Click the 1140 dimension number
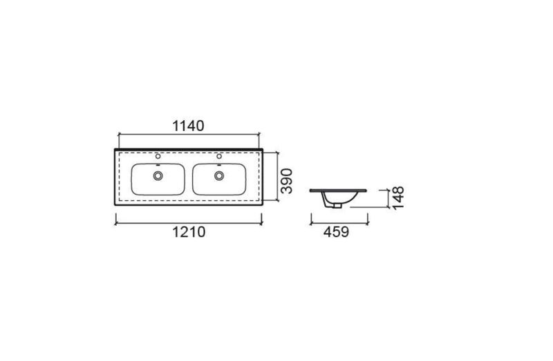(x=188, y=126)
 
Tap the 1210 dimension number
(x=189, y=232)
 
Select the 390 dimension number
(x=286, y=181)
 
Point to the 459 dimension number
(x=336, y=232)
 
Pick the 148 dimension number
(x=398, y=198)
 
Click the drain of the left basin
(x=158, y=175)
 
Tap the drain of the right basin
(x=219, y=175)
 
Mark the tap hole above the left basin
(x=158, y=156)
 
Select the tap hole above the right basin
(x=219, y=156)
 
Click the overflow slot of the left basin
(x=158, y=165)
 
